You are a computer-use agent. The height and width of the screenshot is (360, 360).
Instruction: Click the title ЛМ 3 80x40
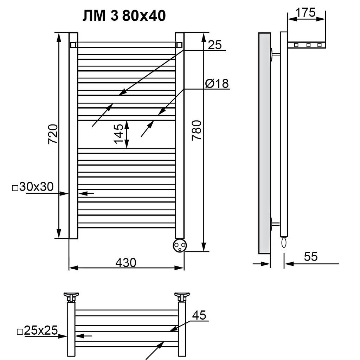point(124,16)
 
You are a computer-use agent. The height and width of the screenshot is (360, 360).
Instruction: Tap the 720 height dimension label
point(53,134)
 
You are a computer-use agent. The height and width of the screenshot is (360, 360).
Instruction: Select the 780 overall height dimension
point(197,130)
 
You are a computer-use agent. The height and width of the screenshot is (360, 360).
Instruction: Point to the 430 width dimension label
point(126,262)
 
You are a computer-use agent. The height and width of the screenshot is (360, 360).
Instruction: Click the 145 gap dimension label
point(119,134)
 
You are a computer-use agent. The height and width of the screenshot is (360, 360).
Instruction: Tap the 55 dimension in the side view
point(311,256)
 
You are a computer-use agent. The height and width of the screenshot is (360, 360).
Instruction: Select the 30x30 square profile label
point(33,187)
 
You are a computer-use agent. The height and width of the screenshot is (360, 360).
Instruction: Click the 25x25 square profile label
point(37,330)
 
